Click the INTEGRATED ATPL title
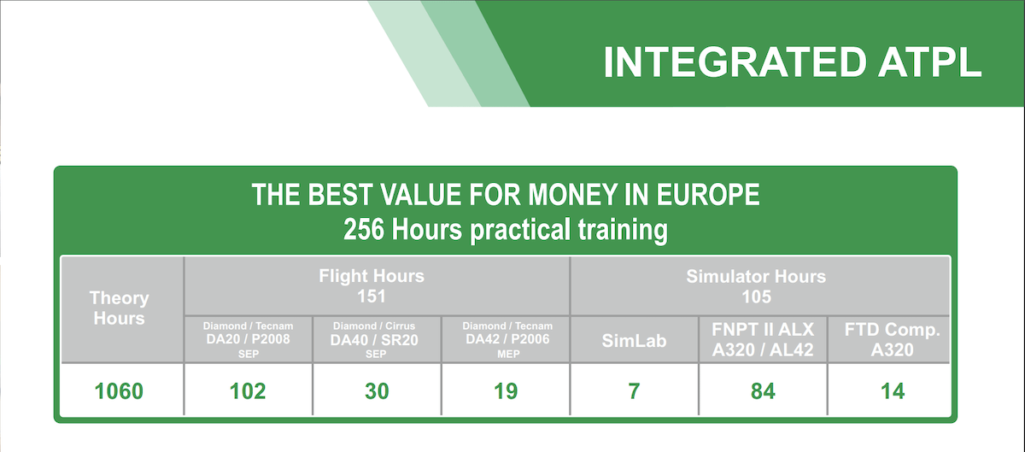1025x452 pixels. [x=793, y=62]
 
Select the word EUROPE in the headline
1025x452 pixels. [x=708, y=195]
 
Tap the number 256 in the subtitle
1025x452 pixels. [x=364, y=229]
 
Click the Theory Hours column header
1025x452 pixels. [x=120, y=308]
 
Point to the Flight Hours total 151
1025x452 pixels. [x=372, y=296]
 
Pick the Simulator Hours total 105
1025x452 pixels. [x=757, y=296]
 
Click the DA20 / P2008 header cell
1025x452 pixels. [x=248, y=339]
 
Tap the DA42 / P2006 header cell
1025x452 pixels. [x=507, y=339]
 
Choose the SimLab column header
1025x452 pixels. [x=634, y=341]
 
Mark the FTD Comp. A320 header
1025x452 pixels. [x=893, y=339]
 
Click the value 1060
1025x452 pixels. [x=119, y=391]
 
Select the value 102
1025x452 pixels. [x=248, y=391]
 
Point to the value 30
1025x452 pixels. [x=377, y=391]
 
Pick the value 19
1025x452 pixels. [x=506, y=391]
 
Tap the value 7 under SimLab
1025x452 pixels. [x=634, y=391]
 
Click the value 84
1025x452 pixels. [x=763, y=391]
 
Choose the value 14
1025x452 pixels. [x=893, y=391]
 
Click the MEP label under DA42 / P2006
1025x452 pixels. [x=508, y=354]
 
